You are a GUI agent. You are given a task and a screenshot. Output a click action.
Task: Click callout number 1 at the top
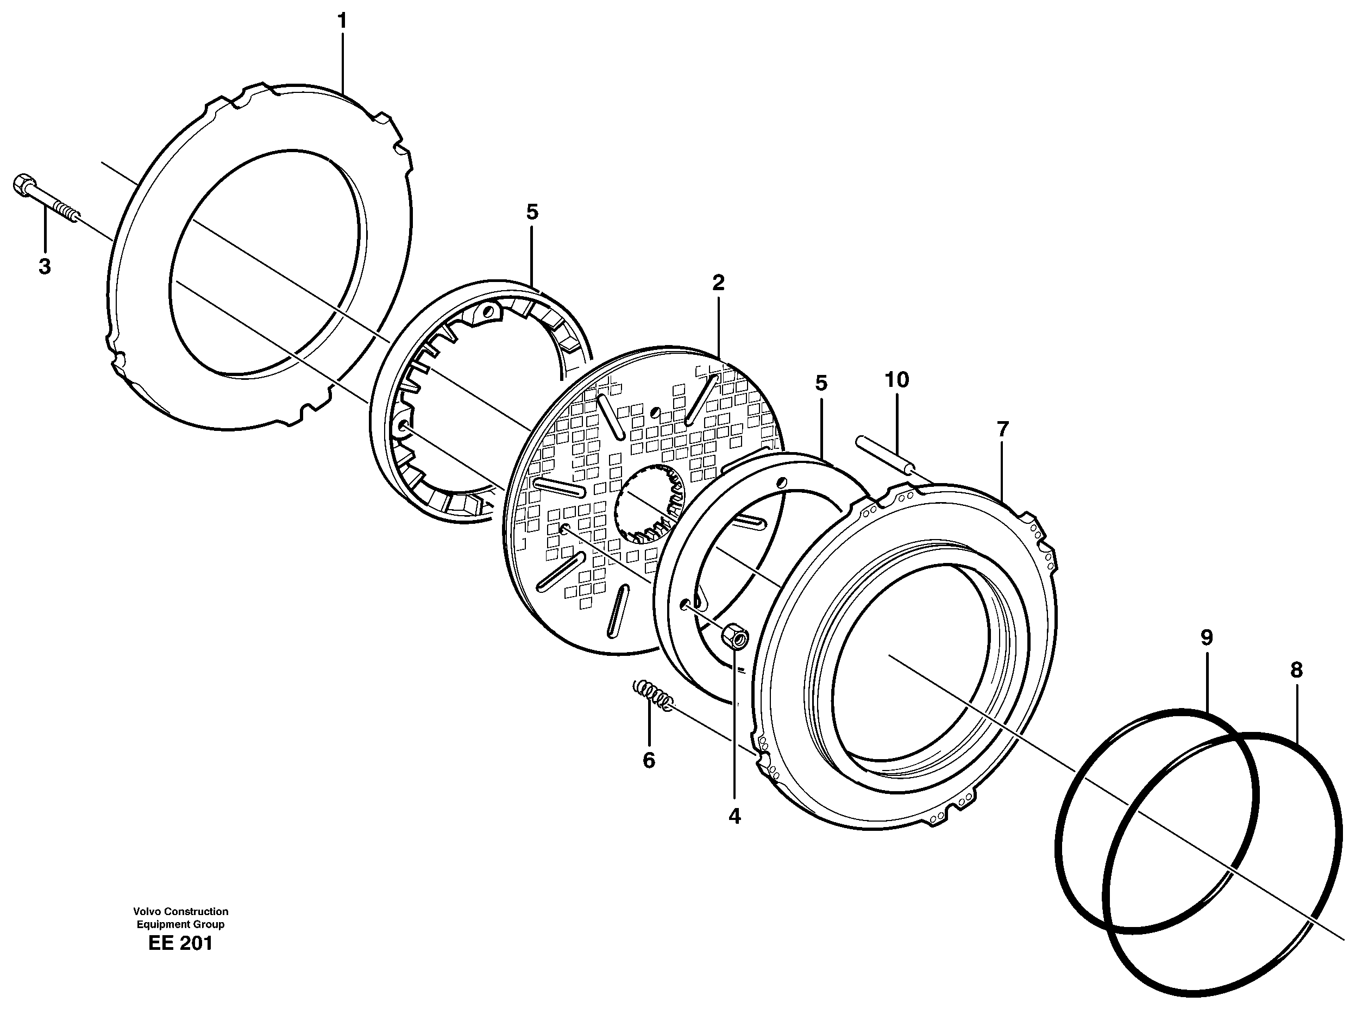click(x=342, y=21)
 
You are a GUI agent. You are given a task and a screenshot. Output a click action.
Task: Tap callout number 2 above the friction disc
click(x=718, y=283)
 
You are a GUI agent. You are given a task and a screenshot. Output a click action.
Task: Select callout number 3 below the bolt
click(x=44, y=267)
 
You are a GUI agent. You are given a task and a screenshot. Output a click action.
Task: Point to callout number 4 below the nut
click(x=734, y=816)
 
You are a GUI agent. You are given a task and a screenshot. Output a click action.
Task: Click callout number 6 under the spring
click(x=649, y=760)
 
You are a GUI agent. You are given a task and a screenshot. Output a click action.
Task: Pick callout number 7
click(x=1002, y=430)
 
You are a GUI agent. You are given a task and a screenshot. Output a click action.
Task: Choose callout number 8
click(x=1296, y=670)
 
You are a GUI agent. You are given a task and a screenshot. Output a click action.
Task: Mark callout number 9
click(x=1207, y=638)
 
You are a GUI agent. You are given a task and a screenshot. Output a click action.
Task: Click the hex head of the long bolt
click(x=23, y=185)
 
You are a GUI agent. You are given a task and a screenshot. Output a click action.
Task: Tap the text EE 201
click(x=180, y=943)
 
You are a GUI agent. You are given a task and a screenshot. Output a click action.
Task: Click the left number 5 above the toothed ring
click(x=532, y=213)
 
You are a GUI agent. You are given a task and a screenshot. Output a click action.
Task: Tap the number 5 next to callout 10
click(x=821, y=383)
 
